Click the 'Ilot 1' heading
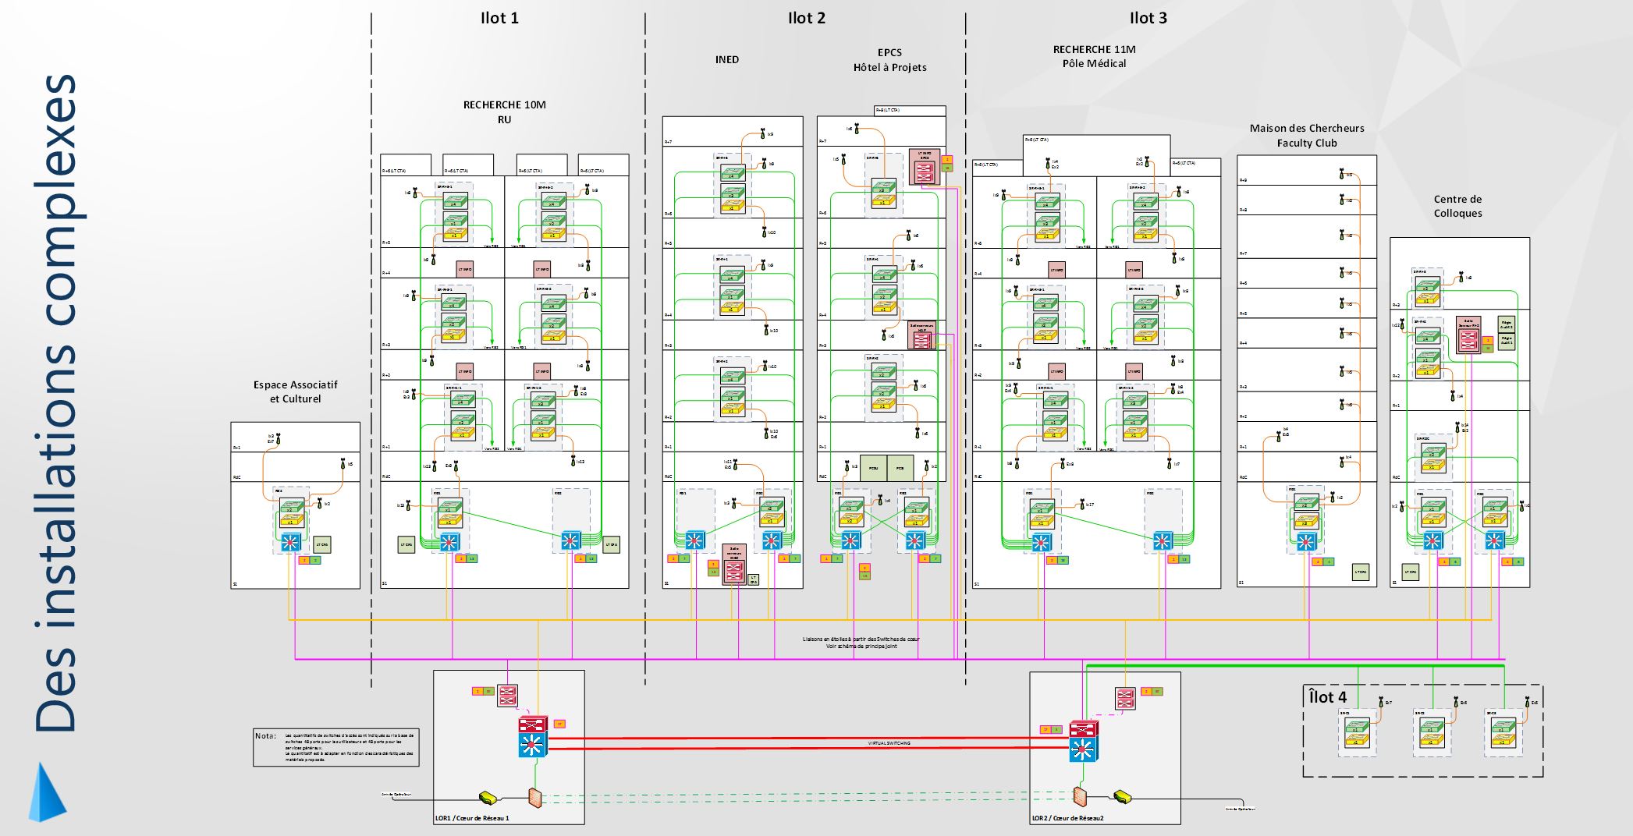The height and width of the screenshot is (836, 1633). (x=499, y=18)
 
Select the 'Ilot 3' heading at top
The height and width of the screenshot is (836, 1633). (x=1148, y=18)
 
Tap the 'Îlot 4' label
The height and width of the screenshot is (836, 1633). (x=1327, y=696)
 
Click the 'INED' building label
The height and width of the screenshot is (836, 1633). (x=726, y=59)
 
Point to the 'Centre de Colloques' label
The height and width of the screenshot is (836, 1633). (x=1457, y=206)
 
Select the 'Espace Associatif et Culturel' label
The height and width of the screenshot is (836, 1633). (x=295, y=391)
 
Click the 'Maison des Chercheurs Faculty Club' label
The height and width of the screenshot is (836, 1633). (x=1307, y=135)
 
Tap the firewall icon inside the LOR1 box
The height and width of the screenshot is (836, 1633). (x=534, y=797)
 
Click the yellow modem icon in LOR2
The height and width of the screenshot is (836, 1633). (x=1123, y=796)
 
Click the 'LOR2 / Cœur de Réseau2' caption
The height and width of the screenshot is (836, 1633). (x=1067, y=818)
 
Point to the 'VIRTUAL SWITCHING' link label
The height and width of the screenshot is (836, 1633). (x=889, y=743)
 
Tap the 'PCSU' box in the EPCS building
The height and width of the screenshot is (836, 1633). (x=873, y=468)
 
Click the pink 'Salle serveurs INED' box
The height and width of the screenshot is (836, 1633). (x=734, y=564)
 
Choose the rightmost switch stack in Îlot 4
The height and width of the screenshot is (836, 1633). (x=1502, y=733)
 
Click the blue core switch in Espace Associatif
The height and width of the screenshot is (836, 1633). (x=290, y=541)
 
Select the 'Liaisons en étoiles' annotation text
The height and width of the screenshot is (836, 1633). (x=861, y=642)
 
